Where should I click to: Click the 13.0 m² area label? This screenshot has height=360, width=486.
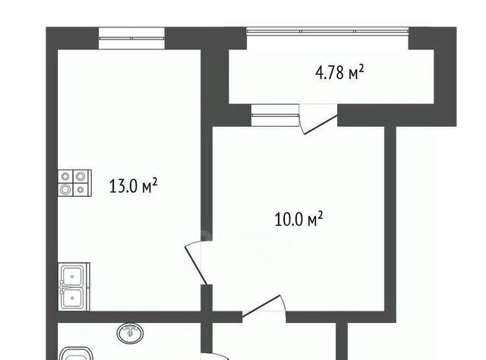(134, 186)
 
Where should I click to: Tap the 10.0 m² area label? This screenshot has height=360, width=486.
(298, 219)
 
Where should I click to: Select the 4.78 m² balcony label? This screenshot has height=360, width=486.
(339, 73)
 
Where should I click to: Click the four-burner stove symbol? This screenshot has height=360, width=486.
(74, 183)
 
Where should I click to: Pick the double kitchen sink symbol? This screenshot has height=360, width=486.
(74, 287)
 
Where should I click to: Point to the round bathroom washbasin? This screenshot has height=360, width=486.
(130, 333)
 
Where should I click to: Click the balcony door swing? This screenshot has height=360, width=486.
(318, 119)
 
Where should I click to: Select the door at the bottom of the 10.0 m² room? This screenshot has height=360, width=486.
(264, 306)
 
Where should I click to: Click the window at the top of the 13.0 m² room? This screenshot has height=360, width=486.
(131, 38)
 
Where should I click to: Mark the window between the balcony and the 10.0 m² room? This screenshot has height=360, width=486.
(275, 115)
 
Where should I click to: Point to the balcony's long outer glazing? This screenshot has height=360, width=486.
(327, 30)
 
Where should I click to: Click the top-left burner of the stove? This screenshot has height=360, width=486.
(65, 176)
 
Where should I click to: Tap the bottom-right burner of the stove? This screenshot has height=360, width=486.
(81, 189)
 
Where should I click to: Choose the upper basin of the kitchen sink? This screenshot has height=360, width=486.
(72, 276)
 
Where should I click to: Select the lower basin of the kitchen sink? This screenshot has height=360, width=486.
(72, 298)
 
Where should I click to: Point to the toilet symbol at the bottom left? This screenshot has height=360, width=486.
(76, 353)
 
